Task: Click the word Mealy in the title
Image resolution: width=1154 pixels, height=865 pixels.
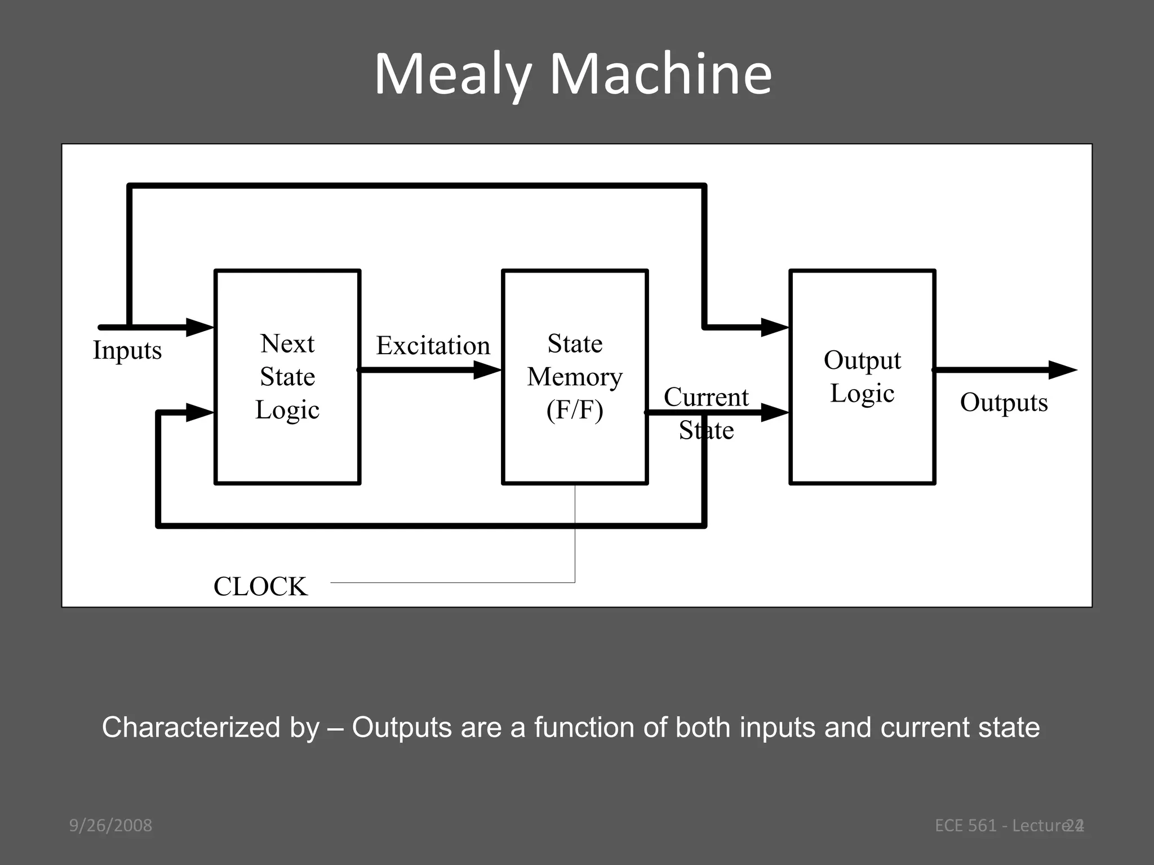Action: pyautogui.click(x=452, y=75)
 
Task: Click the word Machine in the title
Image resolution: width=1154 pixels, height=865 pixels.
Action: pyautogui.click(x=660, y=75)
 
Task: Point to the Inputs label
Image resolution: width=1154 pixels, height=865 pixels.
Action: pyautogui.click(x=127, y=350)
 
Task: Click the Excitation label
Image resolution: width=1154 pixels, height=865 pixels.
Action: pyautogui.click(x=433, y=345)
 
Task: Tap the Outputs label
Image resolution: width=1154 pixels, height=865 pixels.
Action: pyautogui.click(x=1004, y=402)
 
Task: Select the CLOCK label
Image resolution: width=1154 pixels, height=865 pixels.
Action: pyautogui.click(x=260, y=586)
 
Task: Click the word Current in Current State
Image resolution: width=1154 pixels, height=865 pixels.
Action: pyautogui.click(x=706, y=397)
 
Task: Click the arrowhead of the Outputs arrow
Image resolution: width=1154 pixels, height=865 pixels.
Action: pyautogui.click(x=1062, y=370)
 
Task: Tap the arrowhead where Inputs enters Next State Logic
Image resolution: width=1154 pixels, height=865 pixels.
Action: pyautogui.click(x=199, y=327)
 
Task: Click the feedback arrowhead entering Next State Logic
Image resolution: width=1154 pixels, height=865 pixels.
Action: pyautogui.click(x=199, y=413)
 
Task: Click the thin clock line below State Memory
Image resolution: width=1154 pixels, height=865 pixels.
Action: pyautogui.click(x=575, y=535)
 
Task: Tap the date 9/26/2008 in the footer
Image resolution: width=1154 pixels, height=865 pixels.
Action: pyautogui.click(x=110, y=826)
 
